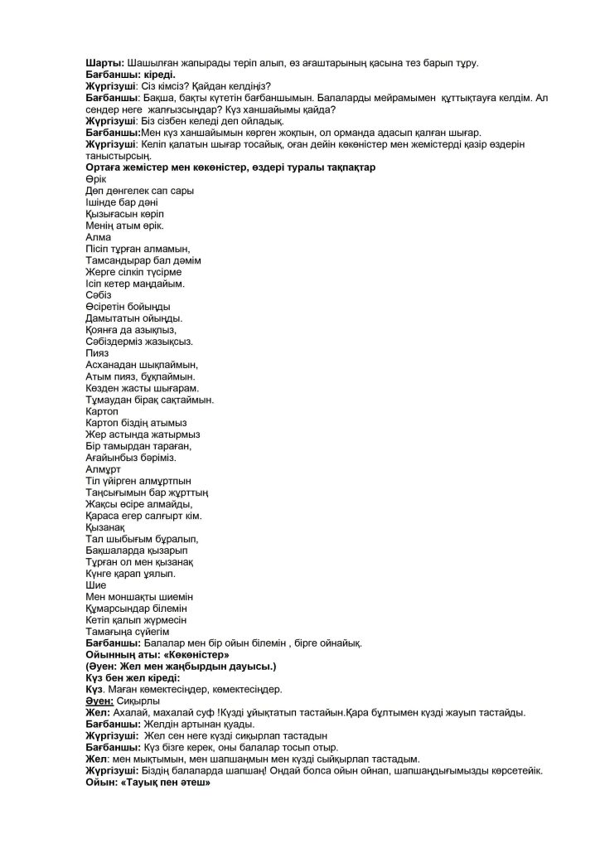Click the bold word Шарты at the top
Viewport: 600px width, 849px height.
(104, 63)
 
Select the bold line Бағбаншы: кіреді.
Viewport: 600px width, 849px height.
(130, 75)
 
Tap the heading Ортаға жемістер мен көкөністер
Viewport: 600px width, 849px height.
(230, 167)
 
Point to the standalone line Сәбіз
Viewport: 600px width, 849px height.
(98, 295)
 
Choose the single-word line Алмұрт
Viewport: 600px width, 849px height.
(103, 469)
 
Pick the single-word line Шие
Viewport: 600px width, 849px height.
(95, 585)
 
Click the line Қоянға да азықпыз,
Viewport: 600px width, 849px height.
(131, 330)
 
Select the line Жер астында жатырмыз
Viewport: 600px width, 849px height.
(142, 434)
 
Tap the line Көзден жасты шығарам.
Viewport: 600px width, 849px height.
(142, 388)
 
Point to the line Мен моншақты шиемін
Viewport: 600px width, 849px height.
(139, 597)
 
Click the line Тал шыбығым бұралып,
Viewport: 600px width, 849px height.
(142, 539)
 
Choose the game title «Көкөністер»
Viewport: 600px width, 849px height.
(193, 655)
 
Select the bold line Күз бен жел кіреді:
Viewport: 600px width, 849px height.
(133, 678)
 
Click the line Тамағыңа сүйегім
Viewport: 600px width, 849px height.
(127, 632)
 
